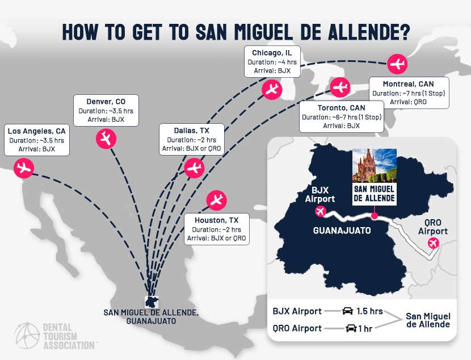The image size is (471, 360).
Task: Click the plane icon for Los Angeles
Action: click(23, 168)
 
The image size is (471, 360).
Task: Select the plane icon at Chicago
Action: click(272, 89)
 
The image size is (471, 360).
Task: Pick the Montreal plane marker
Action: click(398, 64)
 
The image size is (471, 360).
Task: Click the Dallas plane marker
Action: click(195, 168)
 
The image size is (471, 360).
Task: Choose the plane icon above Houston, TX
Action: click(216, 199)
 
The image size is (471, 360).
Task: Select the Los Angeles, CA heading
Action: click(37, 131)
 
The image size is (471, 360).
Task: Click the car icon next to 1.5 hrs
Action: click(347, 311)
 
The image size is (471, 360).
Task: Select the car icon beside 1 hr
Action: click(351, 328)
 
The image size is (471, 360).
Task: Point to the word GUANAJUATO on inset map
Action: click(342, 230)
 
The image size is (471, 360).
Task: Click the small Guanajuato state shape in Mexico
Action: click(151, 301)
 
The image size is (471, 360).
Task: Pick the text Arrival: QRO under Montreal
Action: click(409, 102)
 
